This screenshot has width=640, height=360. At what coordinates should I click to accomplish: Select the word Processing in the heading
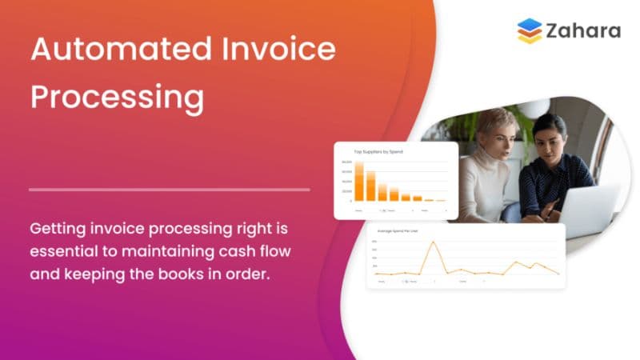pyautogui.click(x=117, y=98)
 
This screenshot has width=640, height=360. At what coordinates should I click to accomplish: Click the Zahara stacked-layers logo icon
pyautogui.click(x=529, y=31)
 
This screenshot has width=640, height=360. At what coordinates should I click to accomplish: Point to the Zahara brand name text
pyautogui.click(x=584, y=31)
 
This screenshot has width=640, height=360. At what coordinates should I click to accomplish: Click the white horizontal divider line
pyautogui.click(x=169, y=190)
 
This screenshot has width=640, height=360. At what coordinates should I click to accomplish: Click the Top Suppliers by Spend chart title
pyautogui.click(x=378, y=151)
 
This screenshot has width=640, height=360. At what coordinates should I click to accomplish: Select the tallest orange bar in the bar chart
pyautogui.click(x=359, y=182)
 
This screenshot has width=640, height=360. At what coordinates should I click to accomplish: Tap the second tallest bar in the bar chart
pyautogui.click(x=370, y=186)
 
